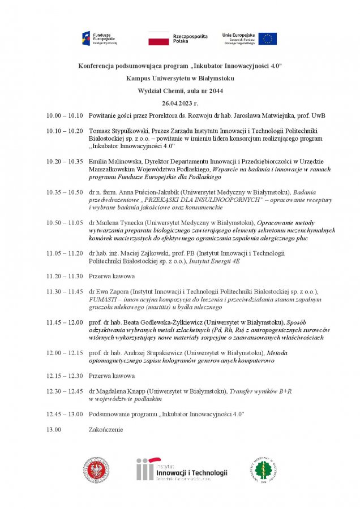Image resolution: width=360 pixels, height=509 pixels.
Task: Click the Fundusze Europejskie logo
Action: pos(100,39)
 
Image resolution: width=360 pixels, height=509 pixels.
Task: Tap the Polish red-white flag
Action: pos(158,38)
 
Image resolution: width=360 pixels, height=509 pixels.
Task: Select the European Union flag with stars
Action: pos(268,38)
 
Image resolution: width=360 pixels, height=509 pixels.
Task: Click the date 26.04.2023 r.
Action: pos(180,103)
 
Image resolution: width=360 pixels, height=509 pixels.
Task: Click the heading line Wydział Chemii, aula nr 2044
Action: pos(180,90)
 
